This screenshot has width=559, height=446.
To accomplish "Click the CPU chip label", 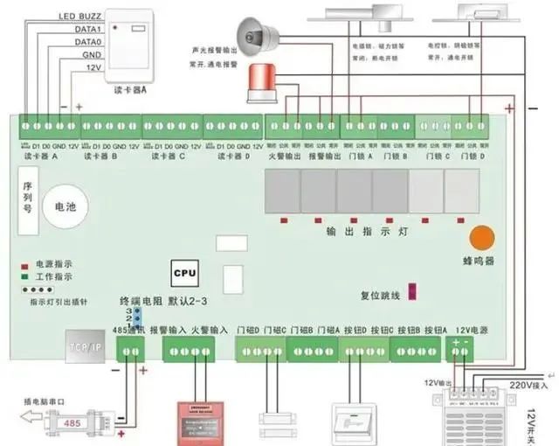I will tap(184, 273).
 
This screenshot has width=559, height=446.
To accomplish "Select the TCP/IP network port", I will tap(86, 345).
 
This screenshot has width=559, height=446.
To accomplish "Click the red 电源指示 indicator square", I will tap(25, 263).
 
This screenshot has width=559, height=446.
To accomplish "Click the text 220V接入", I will tap(528, 385).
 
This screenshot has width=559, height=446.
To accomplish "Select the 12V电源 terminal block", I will tap(459, 350).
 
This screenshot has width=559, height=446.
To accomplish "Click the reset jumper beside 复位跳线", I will tap(413, 291).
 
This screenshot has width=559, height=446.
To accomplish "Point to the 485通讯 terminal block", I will tap(131, 351).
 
